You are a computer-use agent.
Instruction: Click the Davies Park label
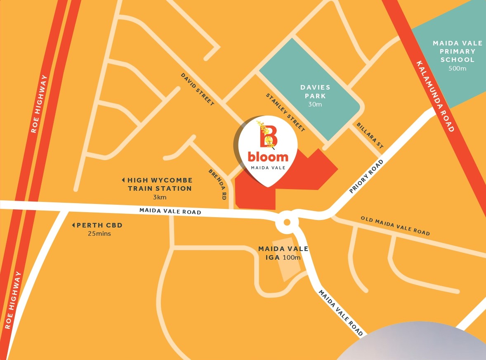point(315,92)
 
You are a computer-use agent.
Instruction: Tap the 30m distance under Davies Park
point(315,104)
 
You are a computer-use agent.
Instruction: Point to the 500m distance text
point(457,68)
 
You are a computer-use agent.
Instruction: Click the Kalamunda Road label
point(435,97)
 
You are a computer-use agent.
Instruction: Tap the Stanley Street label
point(285,113)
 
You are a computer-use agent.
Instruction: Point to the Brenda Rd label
point(218,185)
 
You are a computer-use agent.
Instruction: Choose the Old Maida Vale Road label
point(395,226)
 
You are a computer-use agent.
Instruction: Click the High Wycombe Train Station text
point(160,185)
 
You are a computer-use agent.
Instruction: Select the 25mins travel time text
point(99,234)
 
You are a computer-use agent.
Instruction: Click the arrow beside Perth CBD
point(73,225)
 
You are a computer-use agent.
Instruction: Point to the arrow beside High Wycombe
point(123,180)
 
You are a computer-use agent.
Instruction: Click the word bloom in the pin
point(268,157)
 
